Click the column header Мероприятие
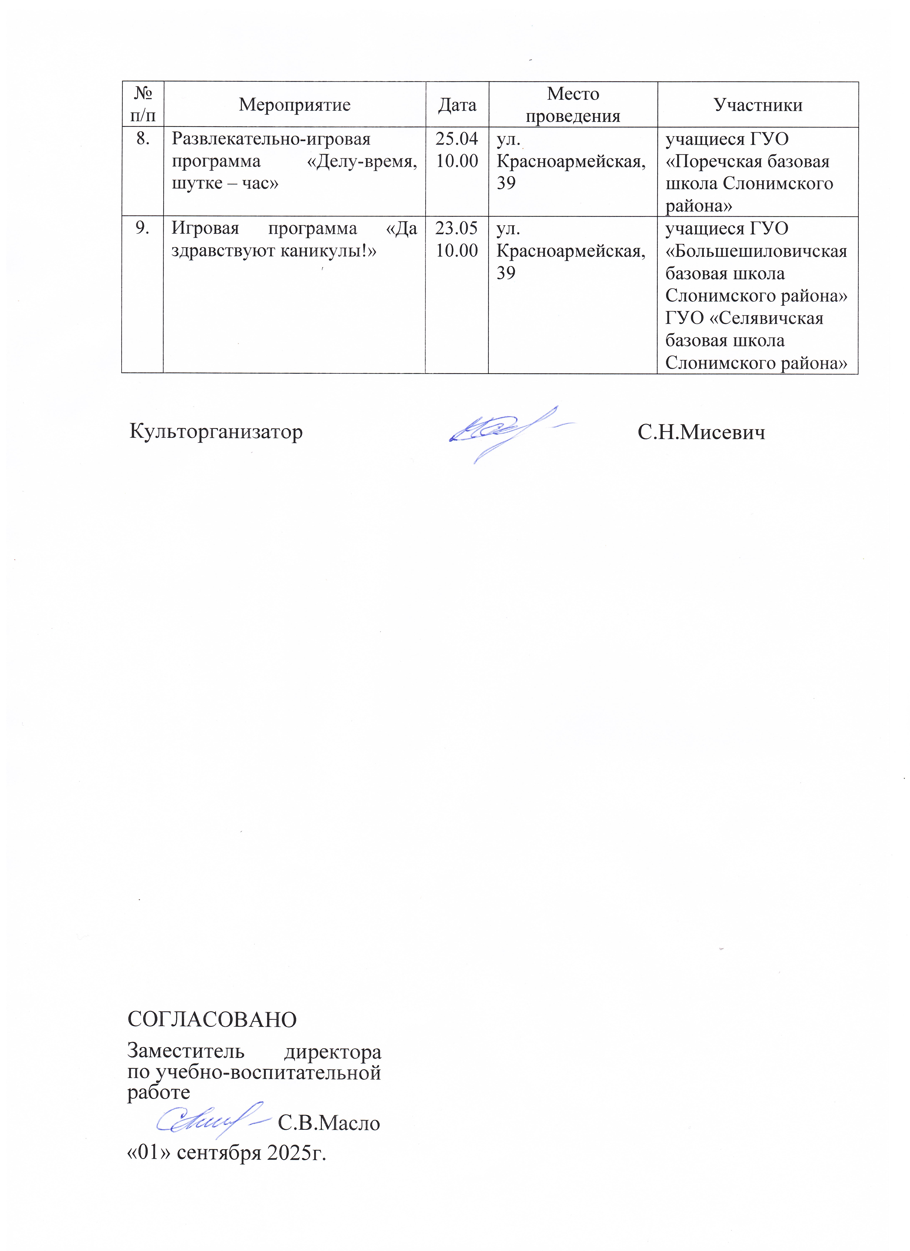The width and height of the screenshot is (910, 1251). (x=295, y=105)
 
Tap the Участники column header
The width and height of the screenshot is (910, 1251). (x=758, y=105)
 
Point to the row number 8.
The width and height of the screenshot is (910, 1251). (x=143, y=139)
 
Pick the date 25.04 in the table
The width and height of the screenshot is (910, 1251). (x=457, y=139)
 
